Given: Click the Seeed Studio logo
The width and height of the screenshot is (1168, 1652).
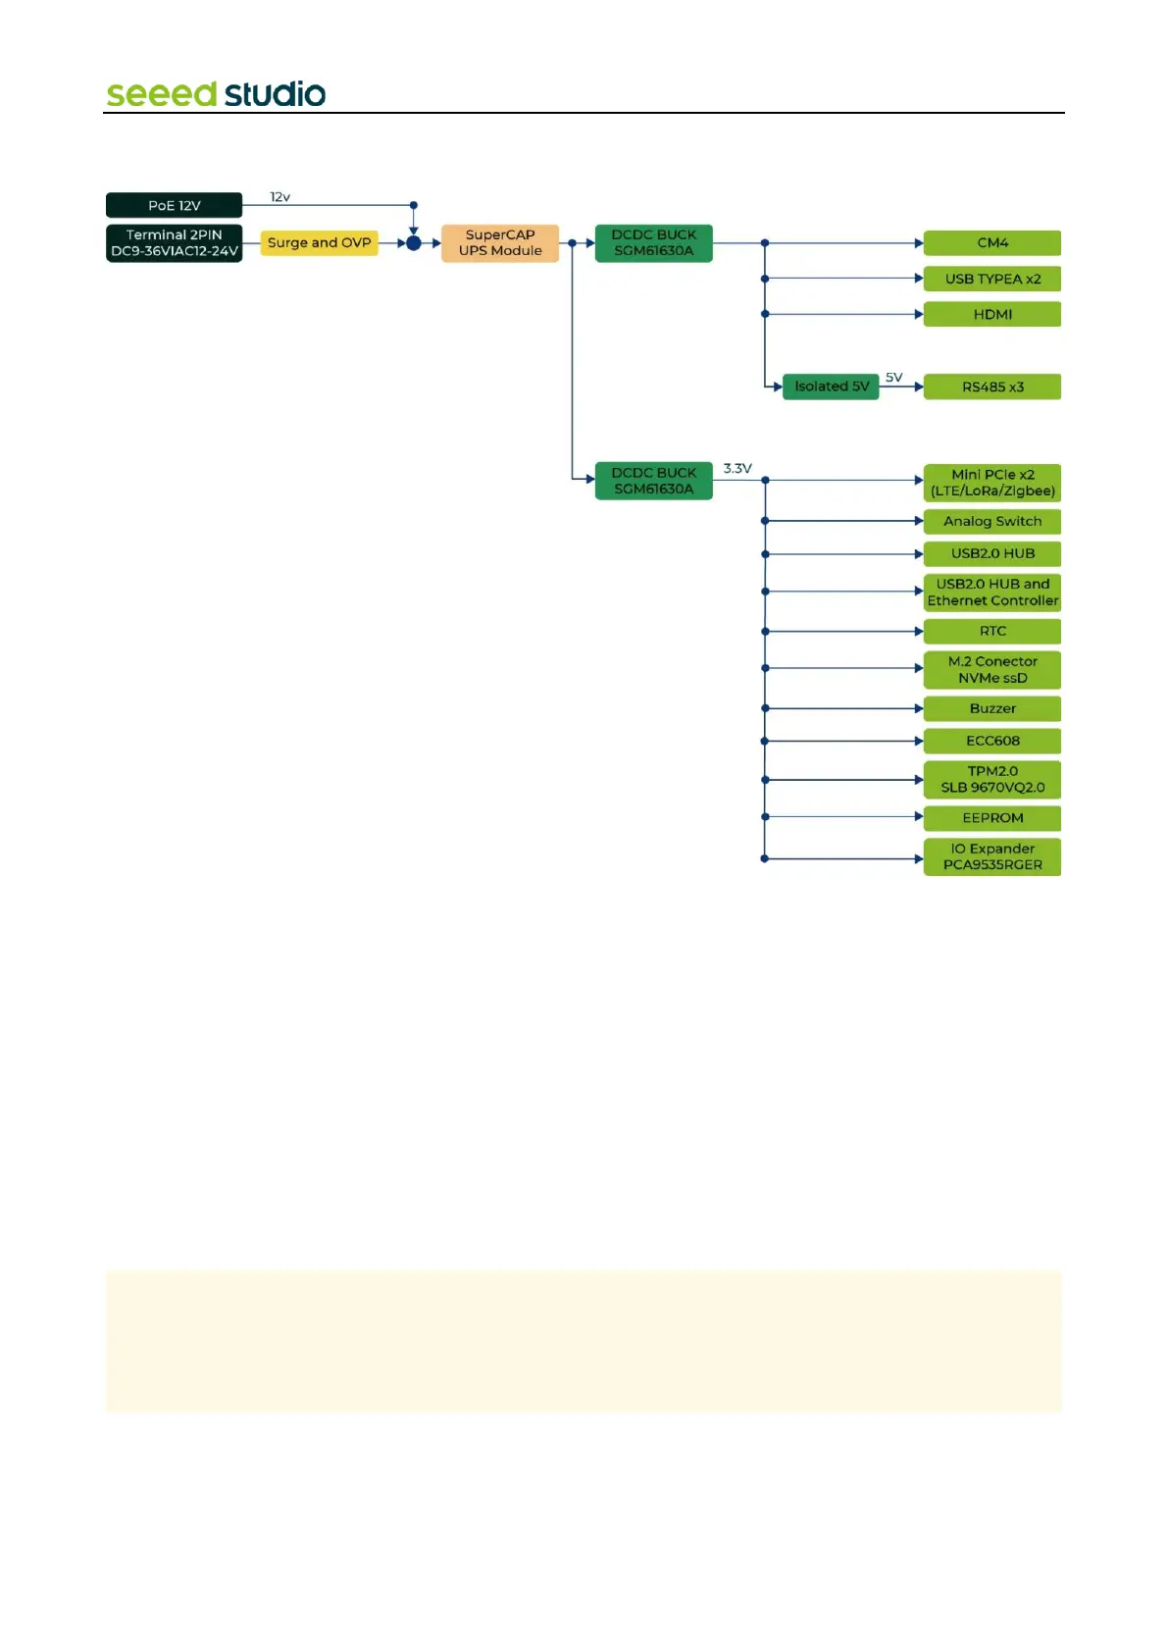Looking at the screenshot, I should point(216,94).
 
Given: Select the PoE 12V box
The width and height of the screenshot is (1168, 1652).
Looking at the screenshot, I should point(174,205).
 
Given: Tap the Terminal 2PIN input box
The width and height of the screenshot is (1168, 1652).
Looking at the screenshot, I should point(174,243).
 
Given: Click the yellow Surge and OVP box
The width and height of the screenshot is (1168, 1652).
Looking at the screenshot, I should point(319,243).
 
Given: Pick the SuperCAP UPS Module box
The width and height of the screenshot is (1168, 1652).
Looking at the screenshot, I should point(500,243).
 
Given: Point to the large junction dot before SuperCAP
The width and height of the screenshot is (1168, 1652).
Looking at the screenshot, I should point(414,243).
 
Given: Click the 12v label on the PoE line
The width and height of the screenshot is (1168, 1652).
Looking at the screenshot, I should point(280,197).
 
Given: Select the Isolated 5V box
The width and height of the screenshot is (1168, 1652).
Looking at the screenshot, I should point(831,387).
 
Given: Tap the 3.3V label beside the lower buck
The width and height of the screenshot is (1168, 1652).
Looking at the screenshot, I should point(737,469).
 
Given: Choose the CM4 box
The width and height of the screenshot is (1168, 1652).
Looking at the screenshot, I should point(992,243).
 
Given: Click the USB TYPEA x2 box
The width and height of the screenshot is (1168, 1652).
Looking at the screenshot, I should point(992,280).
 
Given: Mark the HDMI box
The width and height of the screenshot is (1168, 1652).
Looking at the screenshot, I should point(992,315).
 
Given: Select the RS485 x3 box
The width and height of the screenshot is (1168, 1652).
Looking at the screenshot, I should point(992,387).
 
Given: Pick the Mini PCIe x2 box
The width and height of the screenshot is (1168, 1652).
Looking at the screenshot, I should point(992,483).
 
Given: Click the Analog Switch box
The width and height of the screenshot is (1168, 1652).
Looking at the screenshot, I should point(992,522).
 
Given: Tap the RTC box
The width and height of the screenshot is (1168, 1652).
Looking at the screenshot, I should point(992,632).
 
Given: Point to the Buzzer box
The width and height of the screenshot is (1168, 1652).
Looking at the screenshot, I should point(992,709).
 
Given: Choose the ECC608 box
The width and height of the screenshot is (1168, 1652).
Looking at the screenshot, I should point(992,742).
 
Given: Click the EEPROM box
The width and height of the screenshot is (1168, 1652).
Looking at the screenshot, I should point(992,818).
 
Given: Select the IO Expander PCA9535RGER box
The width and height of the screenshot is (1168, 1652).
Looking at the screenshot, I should point(992,856).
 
